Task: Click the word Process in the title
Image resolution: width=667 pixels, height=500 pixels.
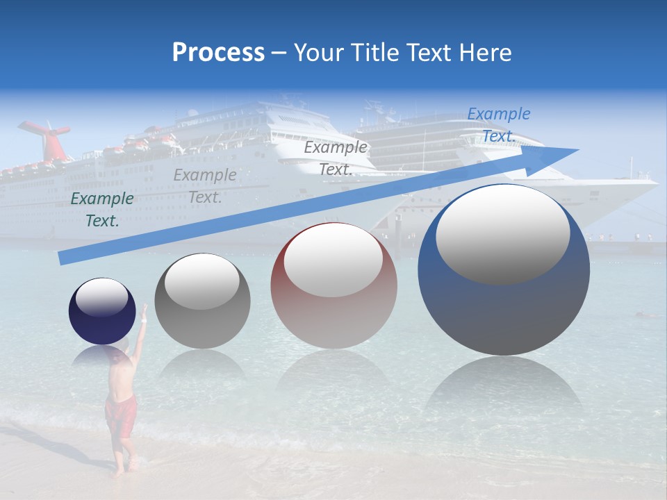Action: pos(218,53)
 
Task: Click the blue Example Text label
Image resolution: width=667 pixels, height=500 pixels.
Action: pos(498,125)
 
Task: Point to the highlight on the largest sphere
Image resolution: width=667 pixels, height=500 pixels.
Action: pos(502,233)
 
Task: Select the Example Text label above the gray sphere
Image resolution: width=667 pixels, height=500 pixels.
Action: pos(205,186)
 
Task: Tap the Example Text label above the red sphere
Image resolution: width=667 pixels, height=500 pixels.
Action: pos(336,158)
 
